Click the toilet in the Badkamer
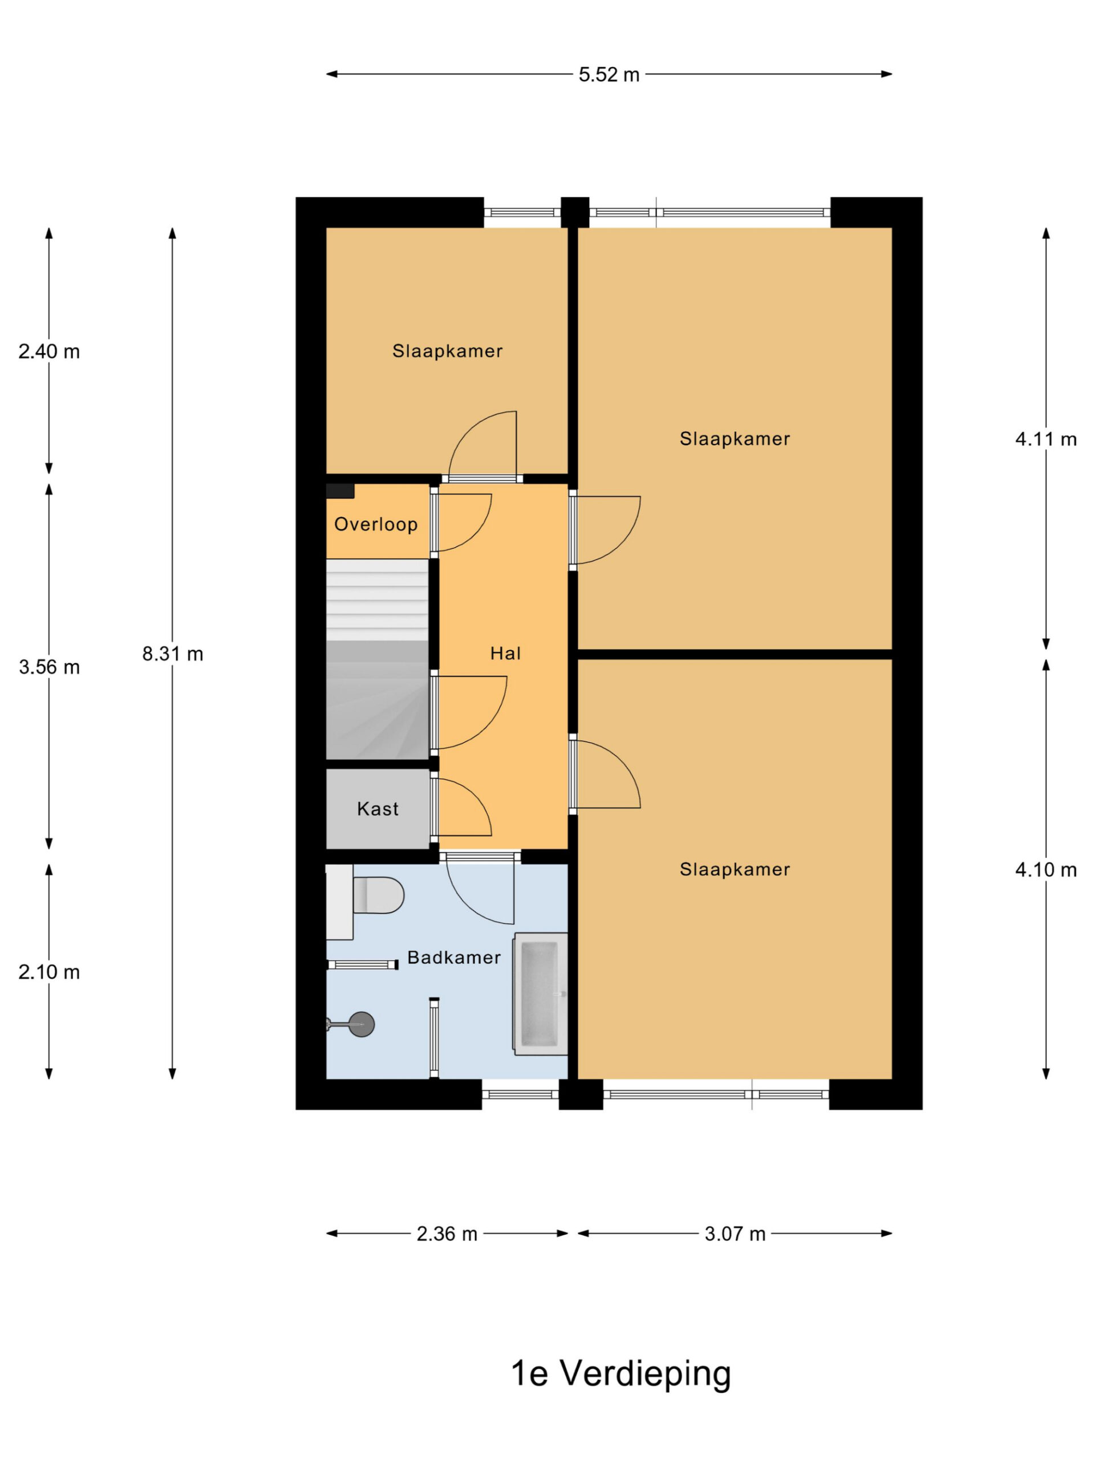[x=378, y=895]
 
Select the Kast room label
[x=378, y=809]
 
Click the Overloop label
[x=376, y=524]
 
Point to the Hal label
[x=506, y=654]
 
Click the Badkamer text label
[x=454, y=957]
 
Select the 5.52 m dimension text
[x=609, y=75]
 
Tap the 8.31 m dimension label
[x=173, y=654]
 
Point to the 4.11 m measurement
[x=1046, y=439]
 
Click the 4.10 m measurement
[x=1046, y=869]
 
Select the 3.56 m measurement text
[x=50, y=667]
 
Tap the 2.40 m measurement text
[x=50, y=351]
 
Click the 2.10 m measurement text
[x=50, y=972]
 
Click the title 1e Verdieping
[x=621, y=1373]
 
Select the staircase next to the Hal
[x=378, y=659]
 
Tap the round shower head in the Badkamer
[x=361, y=1024]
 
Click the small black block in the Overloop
[x=340, y=491]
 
